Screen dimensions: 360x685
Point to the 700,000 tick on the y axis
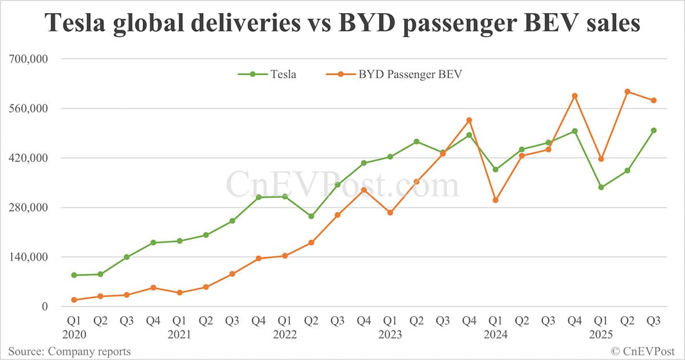click(28, 59)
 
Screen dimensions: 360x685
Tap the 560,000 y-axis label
click(28, 108)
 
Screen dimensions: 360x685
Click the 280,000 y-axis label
click(28, 208)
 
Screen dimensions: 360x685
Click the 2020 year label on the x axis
click(74, 334)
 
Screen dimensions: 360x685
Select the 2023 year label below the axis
click(390, 334)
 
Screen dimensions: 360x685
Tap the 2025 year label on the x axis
click(601, 334)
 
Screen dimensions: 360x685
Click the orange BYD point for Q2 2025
click(627, 91)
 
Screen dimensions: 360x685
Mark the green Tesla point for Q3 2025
click(654, 131)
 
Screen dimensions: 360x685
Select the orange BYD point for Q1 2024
click(495, 200)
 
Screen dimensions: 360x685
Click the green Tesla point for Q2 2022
click(311, 216)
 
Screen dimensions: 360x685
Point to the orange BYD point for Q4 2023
click(469, 120)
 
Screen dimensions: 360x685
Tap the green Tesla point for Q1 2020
click(74, 275)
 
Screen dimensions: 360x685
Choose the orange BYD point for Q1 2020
click(74, 300)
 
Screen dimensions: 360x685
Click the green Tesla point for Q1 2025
click(601, 187)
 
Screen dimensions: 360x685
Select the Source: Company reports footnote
click(69, 351)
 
